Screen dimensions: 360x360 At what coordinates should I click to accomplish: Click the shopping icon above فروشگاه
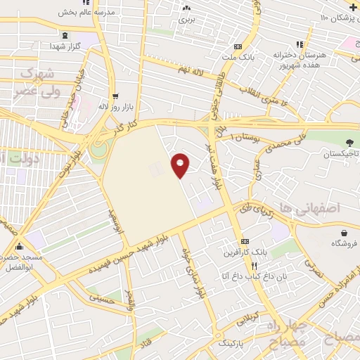[344, 233]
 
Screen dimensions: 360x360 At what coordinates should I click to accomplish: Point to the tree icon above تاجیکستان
[349, 143]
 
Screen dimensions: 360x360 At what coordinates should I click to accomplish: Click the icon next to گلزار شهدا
[65, 35]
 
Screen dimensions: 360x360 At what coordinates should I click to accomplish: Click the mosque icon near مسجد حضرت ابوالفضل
[18, 247]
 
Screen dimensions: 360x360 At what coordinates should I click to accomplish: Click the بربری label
[186, 20]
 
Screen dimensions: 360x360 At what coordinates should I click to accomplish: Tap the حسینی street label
[102, 298]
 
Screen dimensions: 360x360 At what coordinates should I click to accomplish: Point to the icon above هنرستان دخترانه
[300, 44]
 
